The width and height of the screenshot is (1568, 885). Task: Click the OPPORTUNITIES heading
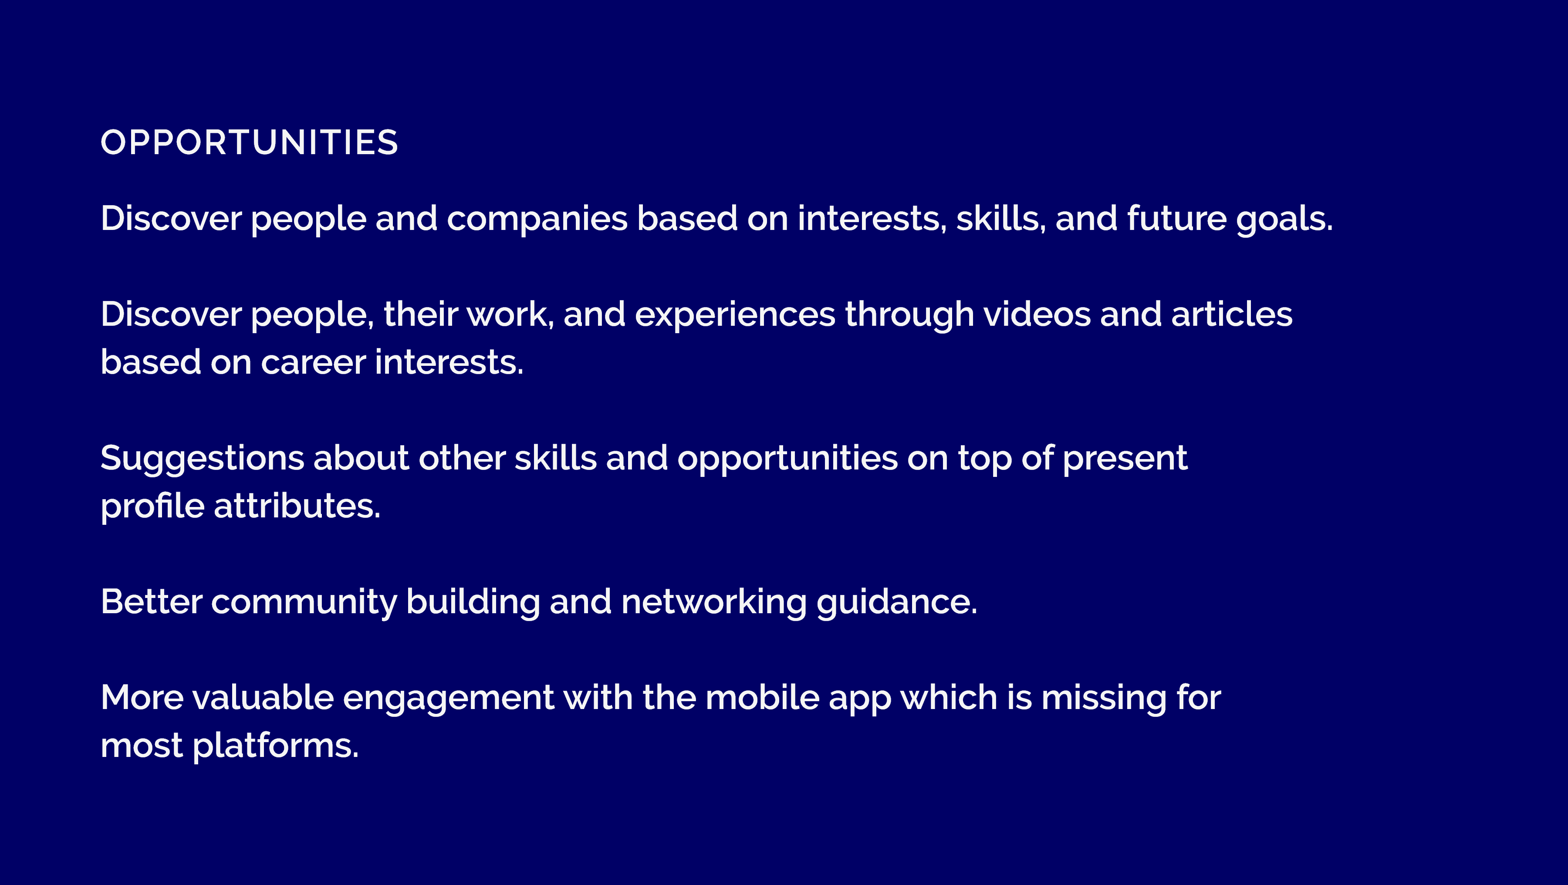tap(249, 142)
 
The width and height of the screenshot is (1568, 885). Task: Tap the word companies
tap(537, 219)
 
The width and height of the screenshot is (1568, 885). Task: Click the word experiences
tap(735, 315)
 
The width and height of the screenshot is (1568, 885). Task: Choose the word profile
tap(152, 507)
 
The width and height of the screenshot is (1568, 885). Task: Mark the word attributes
tap(297, 507)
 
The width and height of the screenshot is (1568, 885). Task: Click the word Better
tap(152, 602)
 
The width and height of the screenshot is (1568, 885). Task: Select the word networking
tap(714, 602)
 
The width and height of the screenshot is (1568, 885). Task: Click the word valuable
tap(263, 698)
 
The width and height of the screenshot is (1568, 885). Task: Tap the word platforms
tap(275, 746)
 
